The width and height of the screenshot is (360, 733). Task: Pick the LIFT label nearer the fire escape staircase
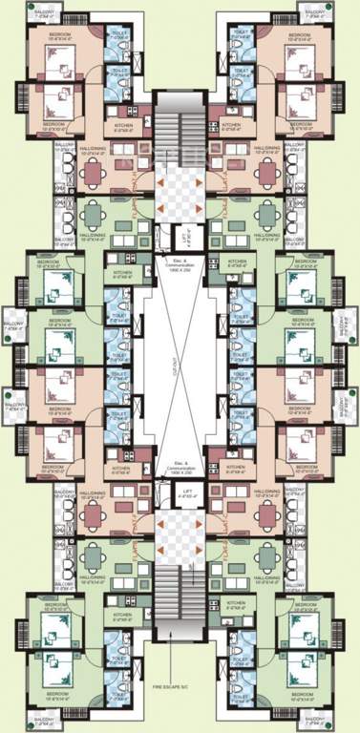pos(190,493)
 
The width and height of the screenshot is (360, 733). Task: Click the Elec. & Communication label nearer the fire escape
pos(180,471)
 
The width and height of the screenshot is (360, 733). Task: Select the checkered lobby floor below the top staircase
pos(180,196)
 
